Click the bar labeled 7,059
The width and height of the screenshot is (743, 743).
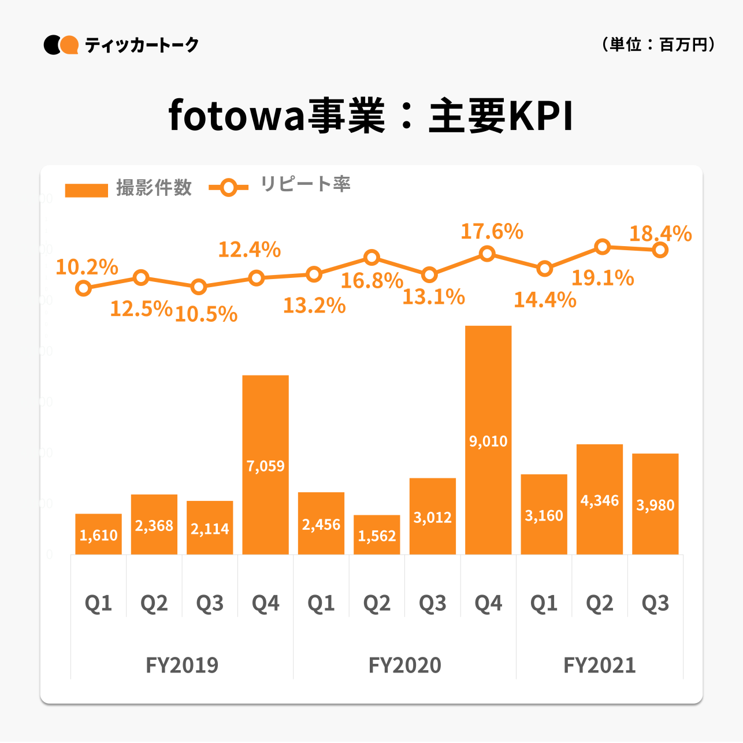tap(265, 465)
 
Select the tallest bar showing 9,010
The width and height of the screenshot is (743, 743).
tap(488, 440)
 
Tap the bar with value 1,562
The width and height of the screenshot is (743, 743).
tap(377, 535)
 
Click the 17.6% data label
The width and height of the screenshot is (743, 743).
tap(492, 232)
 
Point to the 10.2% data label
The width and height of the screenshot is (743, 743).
tap(87, 267)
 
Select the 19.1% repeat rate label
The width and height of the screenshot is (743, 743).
tap(603, 278)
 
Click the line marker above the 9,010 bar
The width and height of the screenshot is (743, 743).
tap(488, 254)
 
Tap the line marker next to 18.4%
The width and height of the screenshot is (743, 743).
tap(660, 250)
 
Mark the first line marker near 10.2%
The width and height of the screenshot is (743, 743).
tap(84, 288)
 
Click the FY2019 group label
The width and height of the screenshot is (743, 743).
tap(182, 665)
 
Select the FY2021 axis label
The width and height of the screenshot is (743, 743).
tap(600, 665)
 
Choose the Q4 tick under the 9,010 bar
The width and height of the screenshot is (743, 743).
tap(488, 603)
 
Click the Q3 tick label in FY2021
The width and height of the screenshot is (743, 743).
tap(655, 603)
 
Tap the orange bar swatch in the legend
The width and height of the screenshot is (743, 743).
tap(87, 190)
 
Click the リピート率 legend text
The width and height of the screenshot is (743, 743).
tap(305, 184)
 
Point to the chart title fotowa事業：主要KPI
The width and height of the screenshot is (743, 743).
tap(371, 116)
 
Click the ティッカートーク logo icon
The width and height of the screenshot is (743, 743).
tap(61, 45)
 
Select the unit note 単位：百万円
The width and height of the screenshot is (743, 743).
tap(659, 44)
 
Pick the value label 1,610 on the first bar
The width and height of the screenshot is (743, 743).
tap(98, 535)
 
